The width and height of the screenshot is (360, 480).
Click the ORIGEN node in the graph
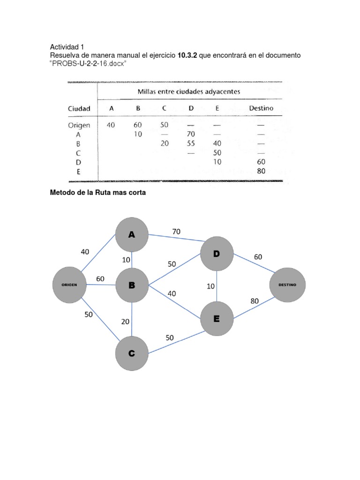tap(68, 285)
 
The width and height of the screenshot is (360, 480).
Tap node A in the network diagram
tap(132, 235)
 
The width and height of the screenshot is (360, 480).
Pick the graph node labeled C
tap(132, 353)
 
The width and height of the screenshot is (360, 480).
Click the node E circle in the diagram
tap(217, 319)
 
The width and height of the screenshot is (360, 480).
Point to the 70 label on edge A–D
tap(176, 231)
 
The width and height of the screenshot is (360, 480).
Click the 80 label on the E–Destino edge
tap(255, 301)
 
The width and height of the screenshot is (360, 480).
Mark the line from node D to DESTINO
tap(252, 269)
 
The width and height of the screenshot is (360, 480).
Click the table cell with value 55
tap(191, 143)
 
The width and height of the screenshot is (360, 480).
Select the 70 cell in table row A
tap(191, 135)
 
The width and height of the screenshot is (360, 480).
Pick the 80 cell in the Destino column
tap(261, 171)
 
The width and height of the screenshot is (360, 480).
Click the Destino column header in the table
tap(261, 108)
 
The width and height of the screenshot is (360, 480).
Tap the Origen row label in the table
tap(79, 125)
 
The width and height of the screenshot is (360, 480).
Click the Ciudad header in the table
tap(79, 108)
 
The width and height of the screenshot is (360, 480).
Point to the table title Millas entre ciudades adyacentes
tap(188, 91)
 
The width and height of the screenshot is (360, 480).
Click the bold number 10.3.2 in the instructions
tap(187, 56)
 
